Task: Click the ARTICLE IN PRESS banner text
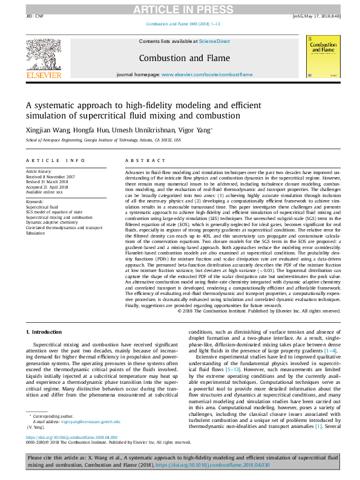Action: click(x=180, y=8)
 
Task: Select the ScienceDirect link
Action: click(x=215, y=41)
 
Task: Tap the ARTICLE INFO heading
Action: click(x=56, y=160)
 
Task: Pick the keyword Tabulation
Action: click(x=36, y=233)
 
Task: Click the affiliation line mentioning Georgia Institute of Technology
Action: click(x=103, y=139)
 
